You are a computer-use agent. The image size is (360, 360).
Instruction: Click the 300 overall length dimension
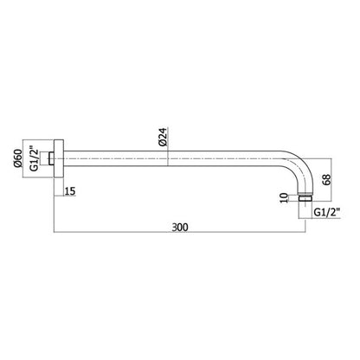[x=180, y=227]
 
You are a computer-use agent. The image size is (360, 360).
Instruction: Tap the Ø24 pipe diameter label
[x=163, y=137]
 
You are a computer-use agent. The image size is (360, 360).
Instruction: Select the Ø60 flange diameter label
[x=17, y=158]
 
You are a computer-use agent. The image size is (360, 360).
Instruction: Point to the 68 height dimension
[x=327, y=179]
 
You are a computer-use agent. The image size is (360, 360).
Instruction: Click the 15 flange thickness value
[x=70, y=191]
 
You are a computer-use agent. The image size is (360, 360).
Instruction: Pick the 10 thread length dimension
[x=284, y=198]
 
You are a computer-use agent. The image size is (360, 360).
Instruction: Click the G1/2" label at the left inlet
[x=35, y=158]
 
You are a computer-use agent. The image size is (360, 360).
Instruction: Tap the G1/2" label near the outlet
[x=327, y=212]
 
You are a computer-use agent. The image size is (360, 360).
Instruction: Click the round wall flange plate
[x=59, y=158]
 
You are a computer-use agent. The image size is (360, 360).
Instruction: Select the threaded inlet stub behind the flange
[x=51, y=158]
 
